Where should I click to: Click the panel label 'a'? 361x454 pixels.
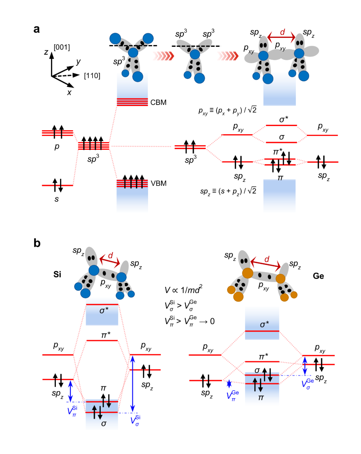tap(36, 29)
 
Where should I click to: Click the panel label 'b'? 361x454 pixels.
tap(37, 243)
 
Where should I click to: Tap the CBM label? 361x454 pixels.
tap(158, 102)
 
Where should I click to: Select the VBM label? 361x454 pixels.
tap(158, 183)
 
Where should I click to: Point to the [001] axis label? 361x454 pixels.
tap(62, 47)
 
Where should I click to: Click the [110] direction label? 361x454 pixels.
tap(92, 76)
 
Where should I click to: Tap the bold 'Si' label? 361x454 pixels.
tap(57, 274)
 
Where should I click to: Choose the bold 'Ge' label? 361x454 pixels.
tap(318, 276)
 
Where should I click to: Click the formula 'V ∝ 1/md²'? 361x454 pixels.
tap(184, 290)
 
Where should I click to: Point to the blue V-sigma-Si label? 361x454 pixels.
tap(135, 420)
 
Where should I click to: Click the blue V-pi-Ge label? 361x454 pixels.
tap(233, 395)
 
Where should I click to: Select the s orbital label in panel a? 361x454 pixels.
tap(56, 199)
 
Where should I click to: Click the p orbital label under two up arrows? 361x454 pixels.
tap(57, 146)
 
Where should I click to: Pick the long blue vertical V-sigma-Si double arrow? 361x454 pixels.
tap(133, 384)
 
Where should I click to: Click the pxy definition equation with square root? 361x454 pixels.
tap(227, 110)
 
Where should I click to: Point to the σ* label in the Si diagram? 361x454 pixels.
tap(104, 311)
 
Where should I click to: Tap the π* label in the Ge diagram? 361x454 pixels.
tap(263, 357)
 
